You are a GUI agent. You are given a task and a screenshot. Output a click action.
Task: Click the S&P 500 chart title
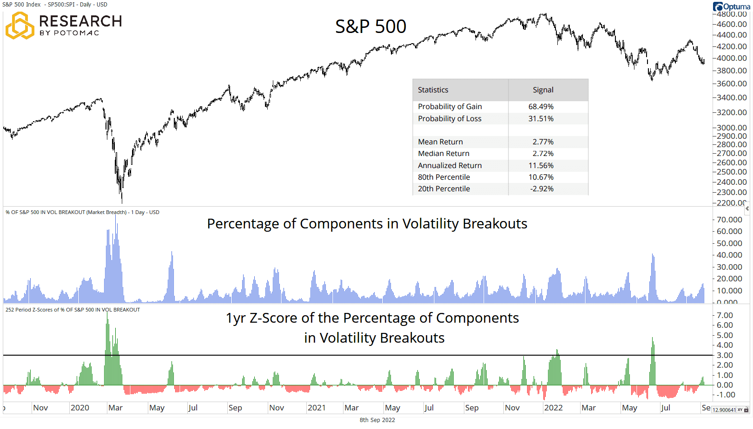pyautogui.click(x=370, y=26)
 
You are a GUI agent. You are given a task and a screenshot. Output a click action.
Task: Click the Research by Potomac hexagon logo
pyautogui.click(x=20, y=26)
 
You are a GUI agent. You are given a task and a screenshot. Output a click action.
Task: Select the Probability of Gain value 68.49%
pyautogui.click(x=541, y=107)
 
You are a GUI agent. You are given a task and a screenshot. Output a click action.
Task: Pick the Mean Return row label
pyautogui.click(x=440, y=142)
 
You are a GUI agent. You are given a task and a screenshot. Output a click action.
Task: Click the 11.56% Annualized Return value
pyautogui.click(x=541, y=166)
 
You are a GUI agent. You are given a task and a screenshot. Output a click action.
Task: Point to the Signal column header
pyautogui.click(x=543, y=90)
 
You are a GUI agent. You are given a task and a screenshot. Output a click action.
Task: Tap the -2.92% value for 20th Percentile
pyautogui.click(x=542, y=189)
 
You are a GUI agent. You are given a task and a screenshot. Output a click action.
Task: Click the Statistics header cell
pyautogui.click(x=433, y=90)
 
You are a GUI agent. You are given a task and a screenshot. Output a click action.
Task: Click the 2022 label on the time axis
pyautogui.click(x=553, y=408)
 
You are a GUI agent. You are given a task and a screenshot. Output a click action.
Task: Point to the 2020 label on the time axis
pyautogui.click(x=79, y=408)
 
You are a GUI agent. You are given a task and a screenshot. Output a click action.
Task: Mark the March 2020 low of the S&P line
pyautogui.click(x=122, y=201)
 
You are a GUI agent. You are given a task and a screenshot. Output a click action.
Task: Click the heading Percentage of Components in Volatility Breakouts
pyautogui.click(x=367, y=224)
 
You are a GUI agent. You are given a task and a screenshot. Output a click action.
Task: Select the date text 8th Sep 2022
pyautogui.click(x=377, y=420)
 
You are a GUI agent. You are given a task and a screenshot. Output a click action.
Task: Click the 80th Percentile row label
pyautogui.click(x=443, y=177)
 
